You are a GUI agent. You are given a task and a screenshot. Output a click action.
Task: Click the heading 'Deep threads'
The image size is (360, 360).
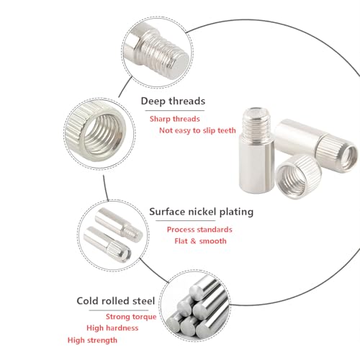(x=173, y=101)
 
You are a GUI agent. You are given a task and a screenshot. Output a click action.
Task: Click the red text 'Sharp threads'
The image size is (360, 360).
(x=175, y=119)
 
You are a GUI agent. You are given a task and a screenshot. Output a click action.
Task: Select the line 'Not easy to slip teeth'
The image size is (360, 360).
(x=197, y=130)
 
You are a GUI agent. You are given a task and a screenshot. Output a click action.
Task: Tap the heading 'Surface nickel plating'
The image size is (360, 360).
(x=201, y=212)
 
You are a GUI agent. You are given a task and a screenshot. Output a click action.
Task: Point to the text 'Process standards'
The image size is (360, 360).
(x=199, y=230)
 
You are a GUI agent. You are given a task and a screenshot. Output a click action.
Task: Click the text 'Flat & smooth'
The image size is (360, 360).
(x=200, y=241)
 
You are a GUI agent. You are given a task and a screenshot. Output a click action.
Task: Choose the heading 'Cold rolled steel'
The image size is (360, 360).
(x=116, y=301)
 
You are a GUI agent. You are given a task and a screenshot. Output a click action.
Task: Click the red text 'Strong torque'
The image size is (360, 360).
(x=131, y=317)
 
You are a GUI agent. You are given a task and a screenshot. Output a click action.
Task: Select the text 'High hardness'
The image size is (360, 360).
(x=112, y=328)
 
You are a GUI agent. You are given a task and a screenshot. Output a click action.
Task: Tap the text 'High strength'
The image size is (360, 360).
(x=92, y=340)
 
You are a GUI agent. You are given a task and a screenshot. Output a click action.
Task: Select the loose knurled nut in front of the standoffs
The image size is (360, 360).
(x=299, y=176)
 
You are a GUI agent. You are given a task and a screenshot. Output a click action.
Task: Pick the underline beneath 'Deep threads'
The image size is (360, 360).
(x=175, y=111)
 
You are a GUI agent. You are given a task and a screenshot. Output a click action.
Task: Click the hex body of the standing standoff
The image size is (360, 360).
(x=256, y=166)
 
